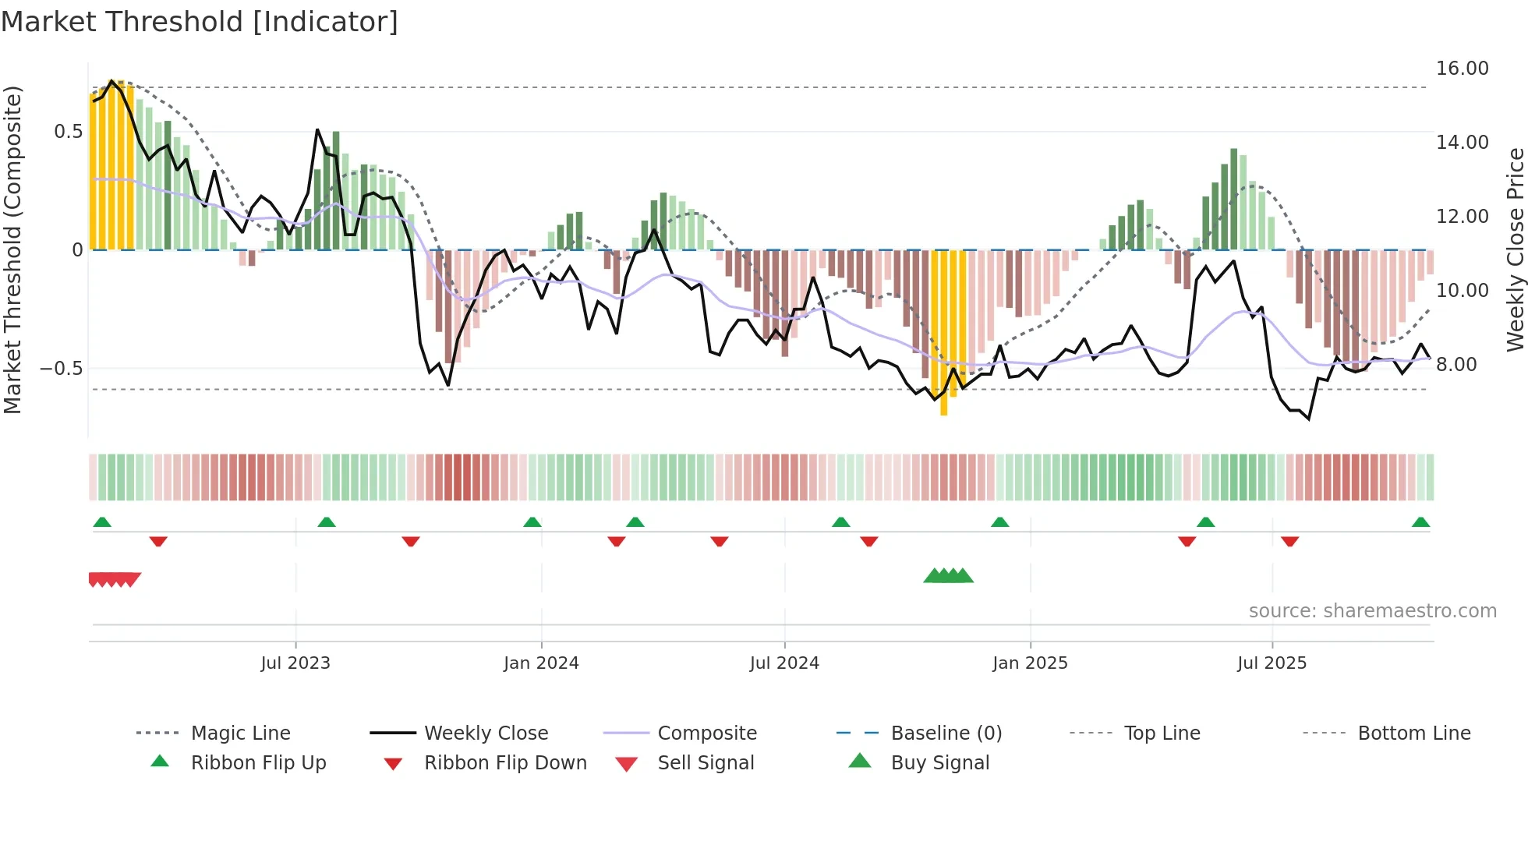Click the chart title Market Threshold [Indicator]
click(200, 22)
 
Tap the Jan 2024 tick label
click(541, 663)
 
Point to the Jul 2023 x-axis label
click(295, 663)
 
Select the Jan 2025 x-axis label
click(1030, 663)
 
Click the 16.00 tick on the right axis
click(1462, 69)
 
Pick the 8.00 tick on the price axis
click(1455, 365)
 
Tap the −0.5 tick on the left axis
click(61, 368)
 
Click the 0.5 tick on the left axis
click(68, 132)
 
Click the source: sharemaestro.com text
click(1372, 611)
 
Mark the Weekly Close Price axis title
click(1515, 249)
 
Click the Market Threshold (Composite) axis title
click(12, 249)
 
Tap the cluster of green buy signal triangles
click(948, 576)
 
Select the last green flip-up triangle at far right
click(1420, 522)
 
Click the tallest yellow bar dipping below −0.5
click(943, 335)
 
